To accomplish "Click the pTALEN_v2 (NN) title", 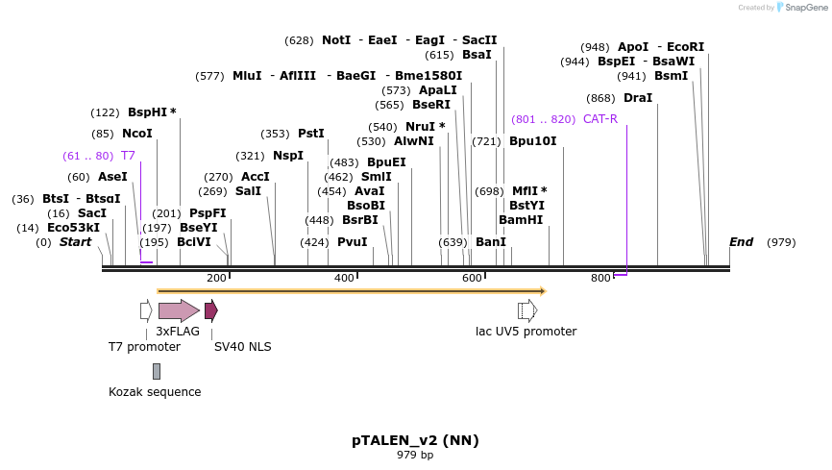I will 415,440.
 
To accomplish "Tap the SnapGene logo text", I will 802,8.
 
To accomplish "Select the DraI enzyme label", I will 637,98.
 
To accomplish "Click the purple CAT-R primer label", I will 600,119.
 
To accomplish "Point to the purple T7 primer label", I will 128,155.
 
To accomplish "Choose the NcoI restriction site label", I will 136,134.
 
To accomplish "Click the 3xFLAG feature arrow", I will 179,310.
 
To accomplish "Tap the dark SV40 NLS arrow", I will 210,310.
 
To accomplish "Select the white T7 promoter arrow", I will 146,310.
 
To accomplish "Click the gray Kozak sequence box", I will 157,371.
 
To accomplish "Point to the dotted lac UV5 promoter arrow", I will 526,310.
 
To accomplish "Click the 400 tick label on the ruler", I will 344,278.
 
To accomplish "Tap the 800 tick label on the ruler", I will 600,278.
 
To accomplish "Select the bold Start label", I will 75,242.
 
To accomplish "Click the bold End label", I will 741,242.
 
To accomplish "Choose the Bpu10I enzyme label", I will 532,141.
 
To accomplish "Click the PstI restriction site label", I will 310,134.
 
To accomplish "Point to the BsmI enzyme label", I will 671,76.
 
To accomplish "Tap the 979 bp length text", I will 415,455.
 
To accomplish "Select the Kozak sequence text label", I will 155,392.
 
